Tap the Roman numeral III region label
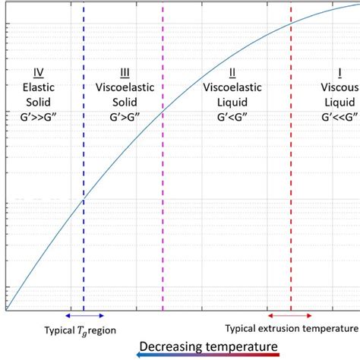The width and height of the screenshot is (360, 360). coord(125,73)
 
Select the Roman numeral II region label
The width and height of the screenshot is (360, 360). coord(232,73)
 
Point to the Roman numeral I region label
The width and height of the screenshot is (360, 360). coord(339,73)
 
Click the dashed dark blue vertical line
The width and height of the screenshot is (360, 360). coord(84,228)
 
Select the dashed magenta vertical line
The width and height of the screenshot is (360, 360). coord(163,228)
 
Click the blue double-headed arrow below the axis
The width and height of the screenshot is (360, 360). coord(84,315)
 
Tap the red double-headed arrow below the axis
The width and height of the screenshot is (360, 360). coord(289,315)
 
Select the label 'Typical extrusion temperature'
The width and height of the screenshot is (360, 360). coord(292,328)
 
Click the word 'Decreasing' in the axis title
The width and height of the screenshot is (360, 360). coord(170,346)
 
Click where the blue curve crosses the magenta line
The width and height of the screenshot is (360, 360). coord(163,113)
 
